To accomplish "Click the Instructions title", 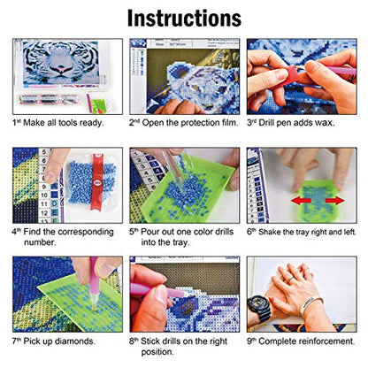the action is (184, 19).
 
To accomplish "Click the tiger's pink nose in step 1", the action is (60, 71).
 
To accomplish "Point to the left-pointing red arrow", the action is (301, 201).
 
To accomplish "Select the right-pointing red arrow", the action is (335, 201).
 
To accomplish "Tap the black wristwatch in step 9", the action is (259, 308).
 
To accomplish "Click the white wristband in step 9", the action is (310, 304).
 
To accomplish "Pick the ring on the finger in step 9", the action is (291, 277).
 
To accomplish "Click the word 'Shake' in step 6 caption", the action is (269, 232).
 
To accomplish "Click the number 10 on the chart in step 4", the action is (44, 195).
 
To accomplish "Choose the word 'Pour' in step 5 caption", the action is (149, 232).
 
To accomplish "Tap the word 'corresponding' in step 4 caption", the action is (86, 232).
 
